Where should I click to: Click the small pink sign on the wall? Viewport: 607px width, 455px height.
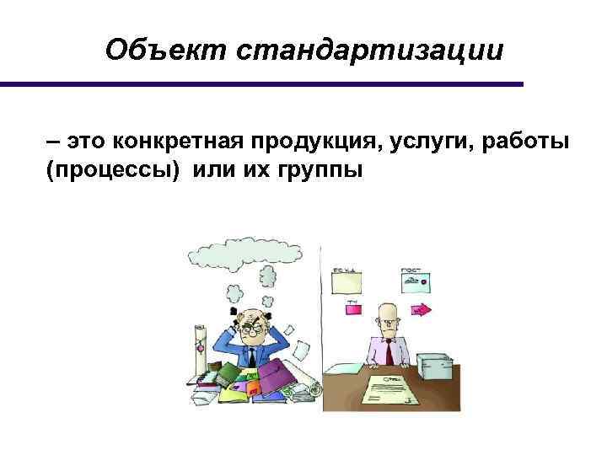pyautogui.click(x=352, y=308)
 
